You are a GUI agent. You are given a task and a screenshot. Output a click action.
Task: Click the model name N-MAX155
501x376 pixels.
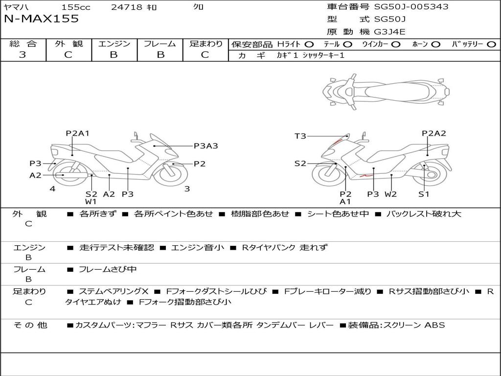[x=41, y=19]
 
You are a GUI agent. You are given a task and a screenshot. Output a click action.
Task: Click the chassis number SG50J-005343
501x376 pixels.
[x=411, y=7]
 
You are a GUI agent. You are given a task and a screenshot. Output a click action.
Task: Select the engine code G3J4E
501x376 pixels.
[x=389, y=32]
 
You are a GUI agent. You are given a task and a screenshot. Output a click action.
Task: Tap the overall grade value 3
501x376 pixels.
[x=23, y=55]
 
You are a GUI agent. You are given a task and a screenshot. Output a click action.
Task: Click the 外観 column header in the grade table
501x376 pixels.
[x=68, y=44]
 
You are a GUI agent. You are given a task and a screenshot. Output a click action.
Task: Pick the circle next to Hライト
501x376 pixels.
[x=309, y=45]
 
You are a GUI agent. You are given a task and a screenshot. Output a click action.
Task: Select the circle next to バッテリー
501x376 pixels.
[x=491, y=45]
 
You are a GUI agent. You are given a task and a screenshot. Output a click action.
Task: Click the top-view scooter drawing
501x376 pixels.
[x=386, y=92]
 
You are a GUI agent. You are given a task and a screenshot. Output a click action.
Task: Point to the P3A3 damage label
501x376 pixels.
[x=206, y=146]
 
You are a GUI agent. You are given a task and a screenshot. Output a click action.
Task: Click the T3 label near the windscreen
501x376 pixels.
[x=300, y=136]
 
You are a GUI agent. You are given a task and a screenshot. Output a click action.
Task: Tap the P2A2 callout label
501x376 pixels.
[x=433, y=133]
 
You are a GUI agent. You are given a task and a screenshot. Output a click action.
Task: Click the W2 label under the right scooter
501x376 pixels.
[x=390, y=194]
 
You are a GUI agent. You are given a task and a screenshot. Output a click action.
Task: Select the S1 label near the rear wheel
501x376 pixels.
[x=424, y=194]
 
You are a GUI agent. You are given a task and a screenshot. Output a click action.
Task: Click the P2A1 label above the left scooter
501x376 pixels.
[x=77, y=133]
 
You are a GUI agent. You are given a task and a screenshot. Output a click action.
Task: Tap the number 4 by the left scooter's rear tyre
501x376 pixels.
[x=52, y=189]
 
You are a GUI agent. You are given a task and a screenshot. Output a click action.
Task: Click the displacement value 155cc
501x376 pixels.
[x=76, y=7]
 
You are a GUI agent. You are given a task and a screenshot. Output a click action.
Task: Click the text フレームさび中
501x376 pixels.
[x=108, y=270]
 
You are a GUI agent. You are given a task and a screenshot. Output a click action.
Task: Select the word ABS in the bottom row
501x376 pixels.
[x=434, y=325]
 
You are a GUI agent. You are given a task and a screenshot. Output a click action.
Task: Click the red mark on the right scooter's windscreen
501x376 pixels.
[x=337, y=141]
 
